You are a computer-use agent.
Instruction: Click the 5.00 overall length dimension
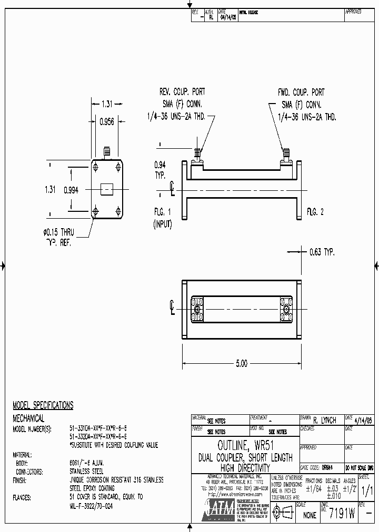pos(242,363)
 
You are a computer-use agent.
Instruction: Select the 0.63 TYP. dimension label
pos(322,252)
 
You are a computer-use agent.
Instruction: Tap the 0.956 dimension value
pos(107,121)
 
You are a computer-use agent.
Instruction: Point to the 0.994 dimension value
pos(71,190)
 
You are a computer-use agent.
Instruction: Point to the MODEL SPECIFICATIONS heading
pos(43,405)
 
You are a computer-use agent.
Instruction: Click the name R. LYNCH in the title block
pos(325,421)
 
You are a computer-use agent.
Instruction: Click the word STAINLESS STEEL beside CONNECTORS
pos(87,472)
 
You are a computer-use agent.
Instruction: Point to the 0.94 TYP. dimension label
pos(160,168)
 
